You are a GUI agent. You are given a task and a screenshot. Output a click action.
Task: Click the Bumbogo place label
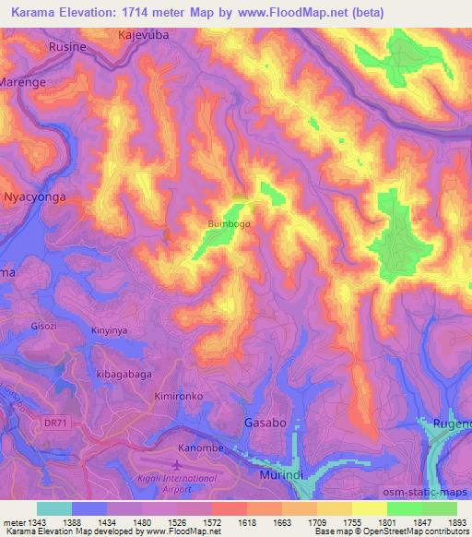coord(230,223)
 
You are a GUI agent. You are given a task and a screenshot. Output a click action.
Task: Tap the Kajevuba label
coord(146,35)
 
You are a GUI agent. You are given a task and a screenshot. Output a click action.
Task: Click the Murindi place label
coord(275,471)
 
